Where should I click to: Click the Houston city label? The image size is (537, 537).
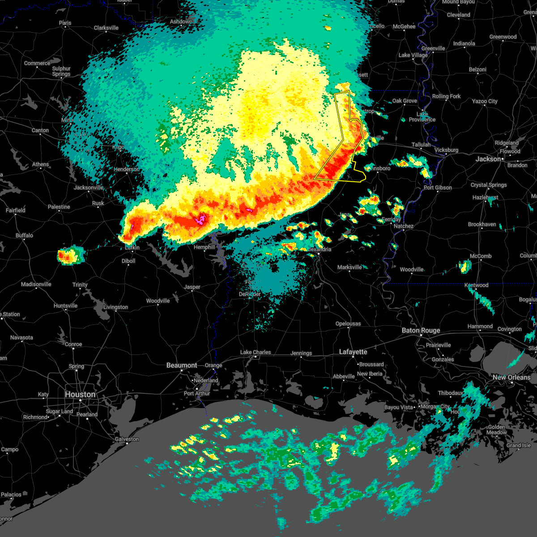point(80,394)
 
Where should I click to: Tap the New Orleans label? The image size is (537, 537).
point(511,377)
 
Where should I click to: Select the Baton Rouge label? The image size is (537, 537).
point(421,330)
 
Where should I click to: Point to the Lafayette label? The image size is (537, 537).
point(353,352)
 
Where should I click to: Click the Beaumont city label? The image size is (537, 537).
point(182,365)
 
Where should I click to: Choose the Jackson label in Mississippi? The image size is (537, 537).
point(488,159)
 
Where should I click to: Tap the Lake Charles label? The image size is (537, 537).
point(256,352)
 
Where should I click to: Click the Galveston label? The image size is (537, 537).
point(127,439)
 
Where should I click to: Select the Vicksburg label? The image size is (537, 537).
point(446,150)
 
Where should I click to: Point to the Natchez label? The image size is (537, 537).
point(403,226)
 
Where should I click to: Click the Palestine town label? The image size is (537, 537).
point(59,207)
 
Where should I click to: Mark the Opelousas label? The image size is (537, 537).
point(348,324)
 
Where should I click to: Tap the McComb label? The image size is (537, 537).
point(481,256)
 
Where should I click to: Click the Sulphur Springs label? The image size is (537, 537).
point(61,72)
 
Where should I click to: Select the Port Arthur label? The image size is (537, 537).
point(197,393)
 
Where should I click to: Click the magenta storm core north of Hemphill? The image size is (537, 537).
point(201,219)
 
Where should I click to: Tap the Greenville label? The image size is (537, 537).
point(433,48)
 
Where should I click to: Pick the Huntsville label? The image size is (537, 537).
point(65,306)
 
